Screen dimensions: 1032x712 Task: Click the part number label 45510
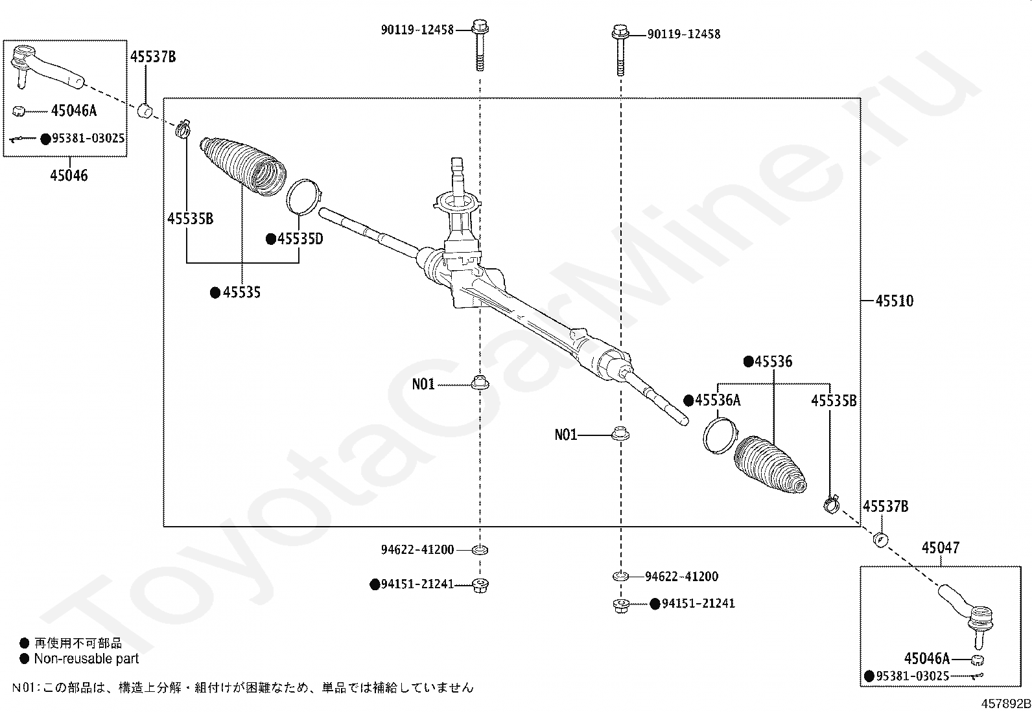(x=894, y=301)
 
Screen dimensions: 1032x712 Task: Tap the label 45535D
(x=300, y=239)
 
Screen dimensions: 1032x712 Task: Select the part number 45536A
(x=718, y=400)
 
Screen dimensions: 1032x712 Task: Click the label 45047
(x=941, y=549)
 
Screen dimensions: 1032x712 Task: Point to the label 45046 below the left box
(x=69, y=176)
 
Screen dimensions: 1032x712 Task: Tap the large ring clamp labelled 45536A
(x=720, y=435)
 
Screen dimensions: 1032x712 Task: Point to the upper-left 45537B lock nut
(x=146, y=110)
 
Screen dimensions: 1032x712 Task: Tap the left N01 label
(x=423, y=385)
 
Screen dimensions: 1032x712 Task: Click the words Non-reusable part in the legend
(x=86, y=660)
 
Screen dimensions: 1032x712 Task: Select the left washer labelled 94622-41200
(x=480, y=551)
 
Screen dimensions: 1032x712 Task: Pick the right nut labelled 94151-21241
(x=620, y=605)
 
